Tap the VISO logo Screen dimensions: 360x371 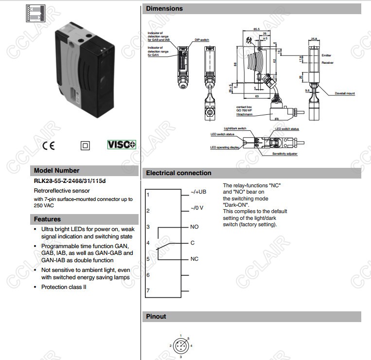(x=121, y=144)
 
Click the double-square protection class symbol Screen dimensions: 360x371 (x=86, y=145)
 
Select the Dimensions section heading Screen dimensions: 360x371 (x=164, y=8)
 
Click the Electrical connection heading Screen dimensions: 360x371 (x=178, y=173)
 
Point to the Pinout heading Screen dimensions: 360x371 (x=156, y=316)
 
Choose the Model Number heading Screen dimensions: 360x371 (x=56, y=171)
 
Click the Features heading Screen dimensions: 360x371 (x=47, y=219)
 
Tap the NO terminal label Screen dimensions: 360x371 (x=194, y=227)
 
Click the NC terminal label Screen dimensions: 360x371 (x=194, y=258)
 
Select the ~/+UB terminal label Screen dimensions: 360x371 (x=198, y=192)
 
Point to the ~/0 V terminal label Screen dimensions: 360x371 (x=197, y=208)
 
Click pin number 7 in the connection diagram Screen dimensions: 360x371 (x=148, y=290)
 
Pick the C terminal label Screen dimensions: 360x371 (x=193, y=242)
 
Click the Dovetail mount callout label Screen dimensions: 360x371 (x=345, y=93)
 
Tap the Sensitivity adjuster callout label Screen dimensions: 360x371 (x=285, y=154)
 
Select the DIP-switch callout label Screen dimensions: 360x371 (x=201, y=40)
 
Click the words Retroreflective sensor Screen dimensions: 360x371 (x=62, y=191)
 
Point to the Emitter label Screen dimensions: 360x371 (x=326, y=55)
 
